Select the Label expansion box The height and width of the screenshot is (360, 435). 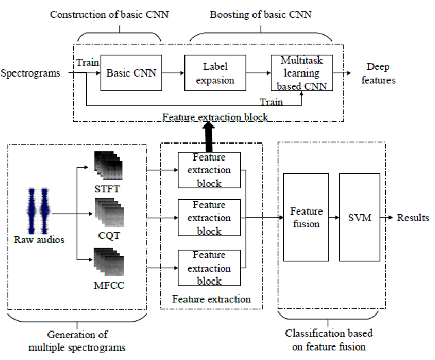click(x=215, y=73)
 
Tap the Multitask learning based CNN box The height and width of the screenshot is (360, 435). click(x=300, y=73)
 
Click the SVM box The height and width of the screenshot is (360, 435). click(x=358, y=218)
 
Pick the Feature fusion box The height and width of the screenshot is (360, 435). click(x=306, y=218)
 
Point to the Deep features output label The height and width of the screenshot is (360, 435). click(x=381, y=74)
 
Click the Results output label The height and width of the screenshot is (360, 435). click(x=413, y=218)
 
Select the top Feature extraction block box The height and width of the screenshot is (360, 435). click(x=209, y=170)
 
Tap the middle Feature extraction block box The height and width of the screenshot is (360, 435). click(x=209, y=218)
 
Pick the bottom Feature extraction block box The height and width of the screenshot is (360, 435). click(x=209, y=268)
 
